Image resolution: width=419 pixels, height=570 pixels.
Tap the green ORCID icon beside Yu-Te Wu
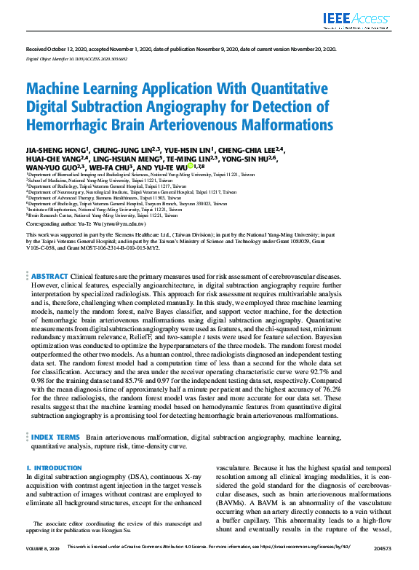[x=190, y=167]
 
